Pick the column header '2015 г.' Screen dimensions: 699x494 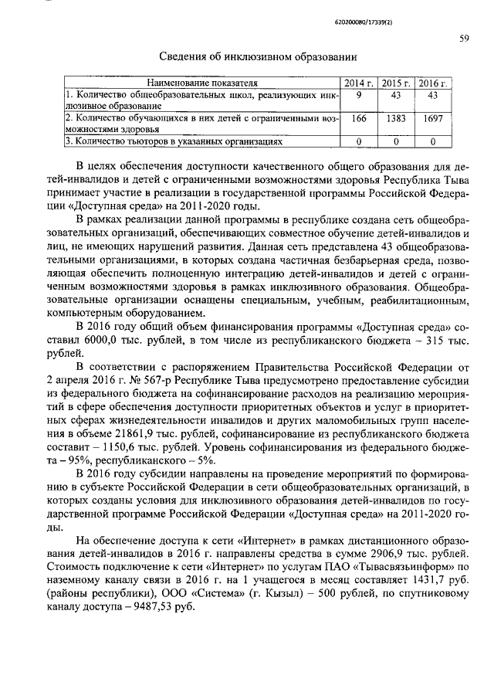[396, 82]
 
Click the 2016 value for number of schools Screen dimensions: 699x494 [433, 94]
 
